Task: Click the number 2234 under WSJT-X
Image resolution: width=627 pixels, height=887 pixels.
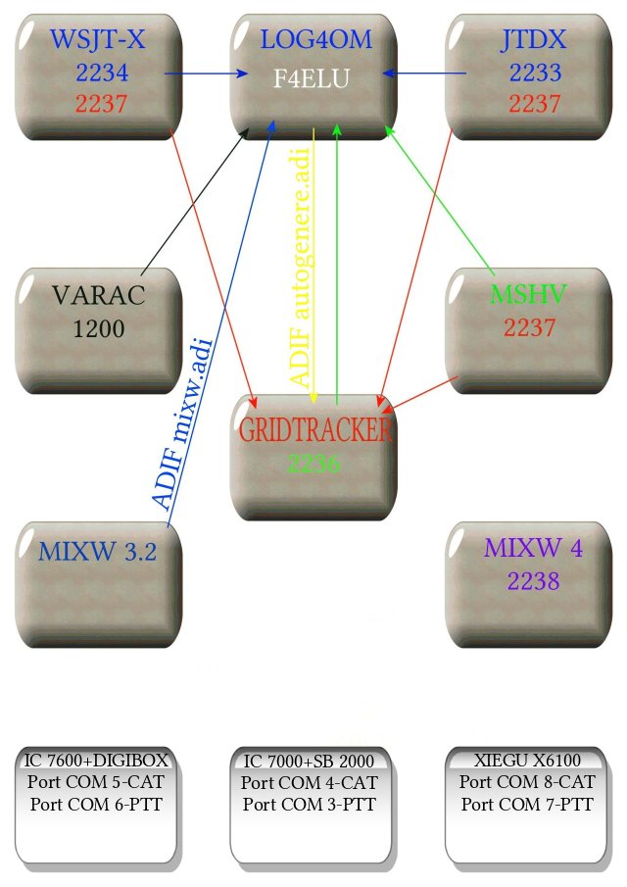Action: coord(101,72)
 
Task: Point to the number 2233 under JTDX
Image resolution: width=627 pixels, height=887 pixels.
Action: coord(530,72)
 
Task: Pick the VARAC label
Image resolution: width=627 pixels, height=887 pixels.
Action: coord(99,295)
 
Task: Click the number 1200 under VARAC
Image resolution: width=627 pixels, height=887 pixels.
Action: coord(99,328)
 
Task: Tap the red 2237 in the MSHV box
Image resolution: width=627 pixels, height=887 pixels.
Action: coord(530,328)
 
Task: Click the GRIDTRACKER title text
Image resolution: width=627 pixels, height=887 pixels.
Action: coord(314,430)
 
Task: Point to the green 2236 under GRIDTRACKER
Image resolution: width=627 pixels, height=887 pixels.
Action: coord(314,464)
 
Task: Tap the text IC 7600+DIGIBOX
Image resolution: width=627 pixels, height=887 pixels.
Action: coord(97,762)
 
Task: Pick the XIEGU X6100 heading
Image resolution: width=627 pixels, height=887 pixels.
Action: coord(528,762)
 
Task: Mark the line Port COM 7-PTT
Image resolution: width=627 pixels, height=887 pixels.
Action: coord(528,805)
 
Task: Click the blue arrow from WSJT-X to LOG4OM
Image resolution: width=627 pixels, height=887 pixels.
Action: coord(206,74)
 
